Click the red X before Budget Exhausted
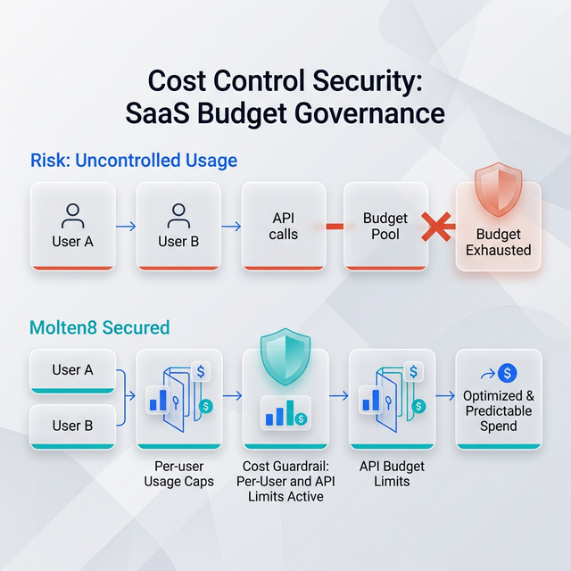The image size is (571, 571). pyautogui.click(x=437, y=226)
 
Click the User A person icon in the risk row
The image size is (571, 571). pyautogui.click(x=72, y=215)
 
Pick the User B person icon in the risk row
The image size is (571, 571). pyautogui.click(x=178, y=215)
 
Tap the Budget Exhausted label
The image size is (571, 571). pyautogui.click(x=498, y=242)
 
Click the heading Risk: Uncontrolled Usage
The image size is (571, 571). pyautogui.click(x=134, y=161)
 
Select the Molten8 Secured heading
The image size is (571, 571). pyautogui.click(x=100, y=327)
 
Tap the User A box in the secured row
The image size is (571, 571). pyautogui.click(x=72, y=370)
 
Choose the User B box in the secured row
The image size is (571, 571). pyautogui.click(x=72, y=426)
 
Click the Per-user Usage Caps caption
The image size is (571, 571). pyautogui.click(x=178, y=474)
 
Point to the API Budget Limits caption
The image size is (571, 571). pyautogui.click(x=391, y=474)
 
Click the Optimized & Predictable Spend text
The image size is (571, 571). pyautogui.click(x=498, y=410)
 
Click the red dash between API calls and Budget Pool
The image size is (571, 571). pyautogui.click(x=335, y=226)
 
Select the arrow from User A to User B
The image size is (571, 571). pyautogui.click(x=126, y=226)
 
